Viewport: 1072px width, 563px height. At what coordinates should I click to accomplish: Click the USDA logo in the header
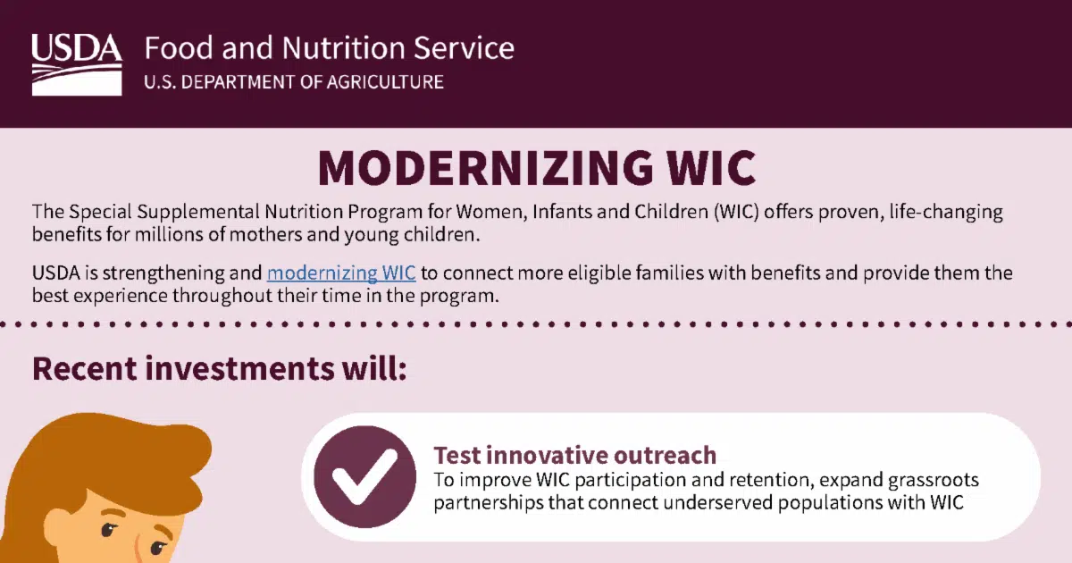[77, 64]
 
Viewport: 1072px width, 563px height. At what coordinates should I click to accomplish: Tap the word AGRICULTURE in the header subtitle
[385, 82]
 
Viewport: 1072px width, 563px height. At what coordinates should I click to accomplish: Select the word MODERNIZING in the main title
[485, 168]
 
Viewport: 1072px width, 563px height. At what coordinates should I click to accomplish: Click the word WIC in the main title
[712, 168]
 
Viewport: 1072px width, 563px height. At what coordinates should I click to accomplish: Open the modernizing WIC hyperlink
[341, 273]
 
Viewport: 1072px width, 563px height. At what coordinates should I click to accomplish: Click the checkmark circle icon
[364, 477]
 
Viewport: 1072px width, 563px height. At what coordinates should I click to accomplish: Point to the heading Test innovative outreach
[574, 455]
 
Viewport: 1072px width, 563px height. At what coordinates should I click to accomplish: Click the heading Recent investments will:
[219, 368]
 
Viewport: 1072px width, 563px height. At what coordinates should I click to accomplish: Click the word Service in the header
[464, 48]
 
